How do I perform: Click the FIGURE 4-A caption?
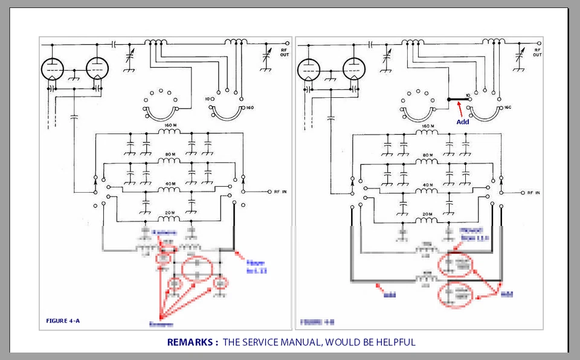point(63,320)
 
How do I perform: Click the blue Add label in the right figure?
point(462,121)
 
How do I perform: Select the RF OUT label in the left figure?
point(284,53)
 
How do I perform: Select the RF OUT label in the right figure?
point(537,53)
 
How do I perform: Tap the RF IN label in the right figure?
point(533,193)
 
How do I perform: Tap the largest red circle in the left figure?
point(198,269)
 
